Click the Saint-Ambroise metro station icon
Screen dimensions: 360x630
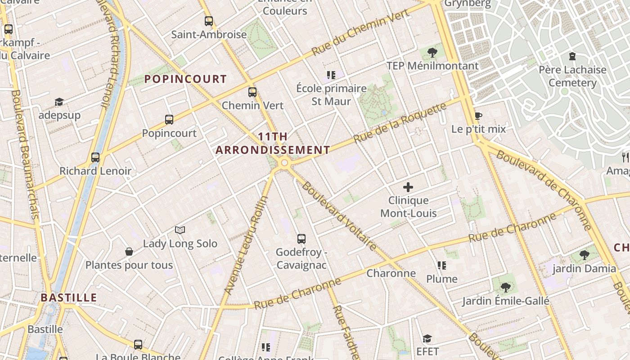(x=208, y=21)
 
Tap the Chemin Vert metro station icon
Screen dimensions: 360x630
(x=252, y=92)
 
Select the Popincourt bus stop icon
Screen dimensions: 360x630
(x=169, y=120)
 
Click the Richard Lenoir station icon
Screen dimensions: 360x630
(x=95, y=157)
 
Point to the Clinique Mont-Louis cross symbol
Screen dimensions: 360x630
(x=408, y=187)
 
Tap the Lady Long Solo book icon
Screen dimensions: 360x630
(x=180, y=230)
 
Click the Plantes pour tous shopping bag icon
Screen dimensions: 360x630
(x=129, y=252)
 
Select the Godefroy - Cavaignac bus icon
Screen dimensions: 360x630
(x=301, y=239)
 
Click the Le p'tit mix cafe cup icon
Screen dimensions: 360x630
(x=478, y=116)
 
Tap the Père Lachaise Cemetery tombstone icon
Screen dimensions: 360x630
(x=572, y=57)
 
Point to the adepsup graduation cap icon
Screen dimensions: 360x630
(x=59, y=102)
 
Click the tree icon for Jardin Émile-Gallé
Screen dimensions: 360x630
(x=505, y=287)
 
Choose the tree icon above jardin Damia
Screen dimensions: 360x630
(x=584, y=255)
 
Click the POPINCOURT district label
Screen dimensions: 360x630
(x=185, y=79)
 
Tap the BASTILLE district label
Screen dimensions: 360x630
(x=69, y=297)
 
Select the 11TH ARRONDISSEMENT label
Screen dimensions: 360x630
(x=273, y=143)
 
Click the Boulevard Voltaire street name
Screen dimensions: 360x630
(x=339, y=216)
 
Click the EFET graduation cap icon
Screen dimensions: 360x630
(x=427, y=338)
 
